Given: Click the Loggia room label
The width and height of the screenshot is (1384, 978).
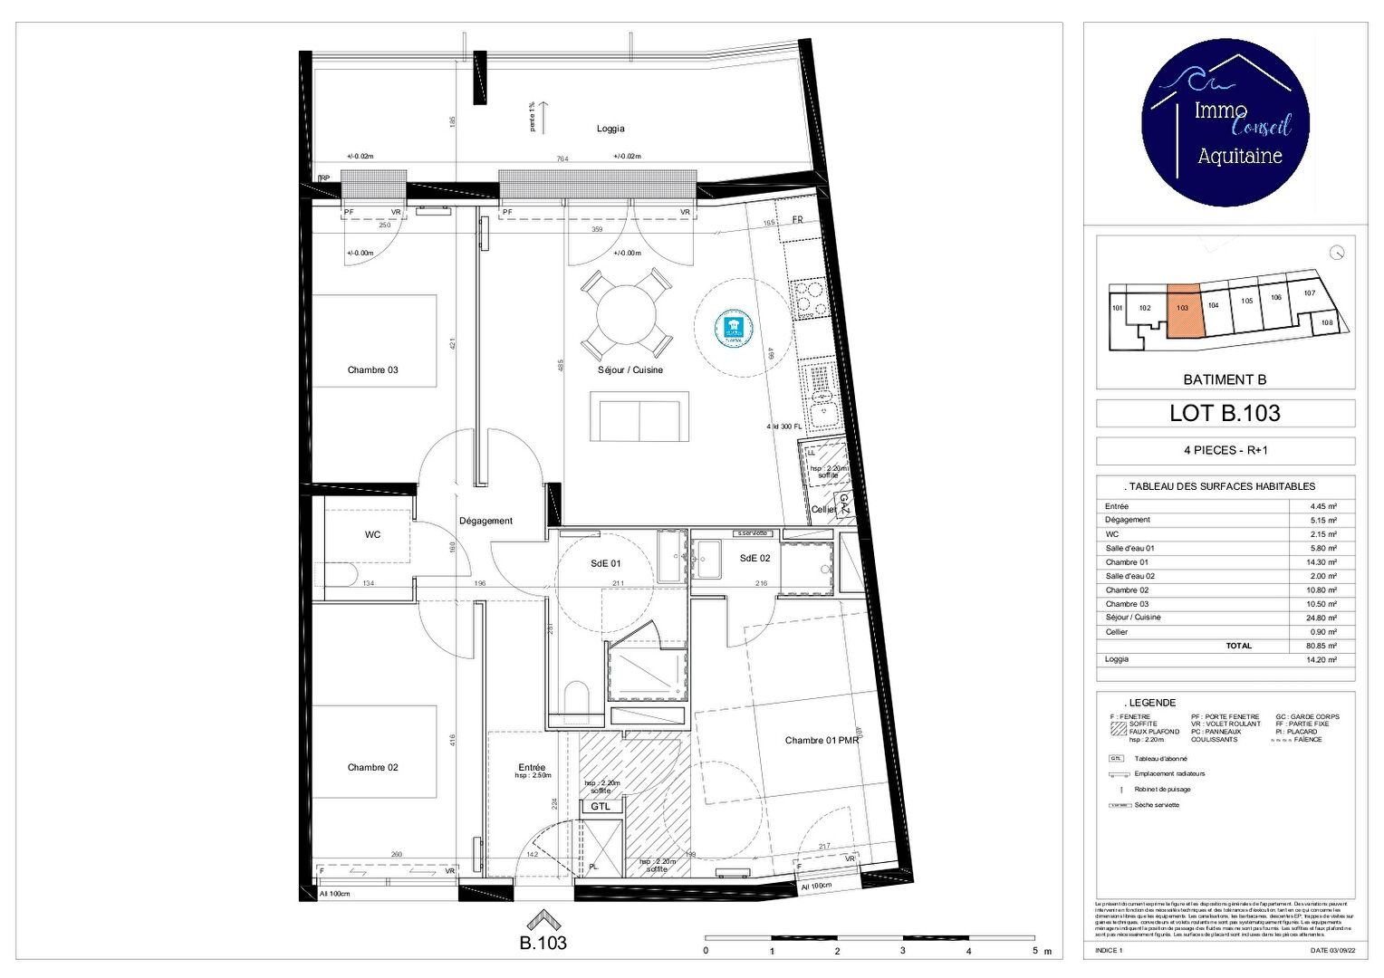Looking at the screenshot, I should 610,129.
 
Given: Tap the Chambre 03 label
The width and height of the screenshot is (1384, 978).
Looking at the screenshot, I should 372,369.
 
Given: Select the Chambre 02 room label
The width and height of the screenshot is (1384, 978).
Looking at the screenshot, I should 372,767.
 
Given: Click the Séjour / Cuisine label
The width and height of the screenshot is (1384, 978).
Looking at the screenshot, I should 630,369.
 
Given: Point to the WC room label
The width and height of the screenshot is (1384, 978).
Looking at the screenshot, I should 372,534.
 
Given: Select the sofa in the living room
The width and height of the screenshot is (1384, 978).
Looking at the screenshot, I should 639,417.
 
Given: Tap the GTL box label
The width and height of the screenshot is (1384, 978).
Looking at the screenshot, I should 601,806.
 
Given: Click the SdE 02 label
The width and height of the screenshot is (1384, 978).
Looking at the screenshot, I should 754,558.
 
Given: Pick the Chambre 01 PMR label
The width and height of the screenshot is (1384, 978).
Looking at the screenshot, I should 822,740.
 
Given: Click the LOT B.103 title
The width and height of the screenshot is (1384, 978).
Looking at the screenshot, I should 1225,414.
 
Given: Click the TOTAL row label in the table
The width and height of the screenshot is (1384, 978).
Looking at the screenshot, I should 1238,646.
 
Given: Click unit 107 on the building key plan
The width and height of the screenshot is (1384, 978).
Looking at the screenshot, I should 1309,293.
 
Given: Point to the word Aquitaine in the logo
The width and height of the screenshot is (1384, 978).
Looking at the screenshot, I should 1239,157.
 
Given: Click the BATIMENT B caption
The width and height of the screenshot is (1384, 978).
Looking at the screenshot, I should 1225,379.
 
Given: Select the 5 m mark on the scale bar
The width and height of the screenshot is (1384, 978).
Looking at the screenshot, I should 1034,951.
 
